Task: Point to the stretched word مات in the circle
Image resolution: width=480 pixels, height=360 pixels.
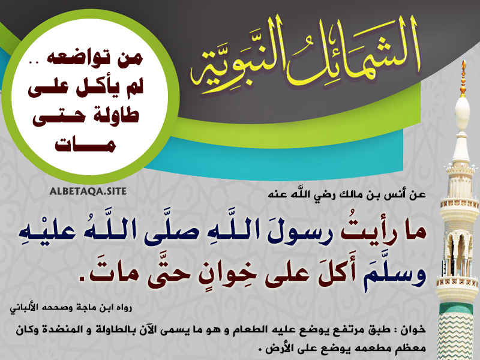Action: coord(85,144)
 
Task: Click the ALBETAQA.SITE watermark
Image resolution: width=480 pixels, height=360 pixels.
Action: coord(88,191)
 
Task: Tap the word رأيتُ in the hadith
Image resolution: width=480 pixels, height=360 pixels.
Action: coord(364,233)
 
